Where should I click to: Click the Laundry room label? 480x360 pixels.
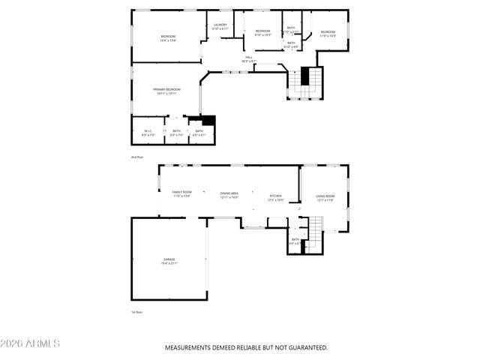tap(220, 26)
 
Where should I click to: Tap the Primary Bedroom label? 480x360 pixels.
tap(167, 91)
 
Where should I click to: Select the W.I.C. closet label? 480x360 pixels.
tap(148, 132)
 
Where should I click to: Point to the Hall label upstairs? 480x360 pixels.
tap(249, 59)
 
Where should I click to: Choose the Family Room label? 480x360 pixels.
tap(182, 193)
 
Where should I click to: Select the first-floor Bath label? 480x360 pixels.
tap(295, 241)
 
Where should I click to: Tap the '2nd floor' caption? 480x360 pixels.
tap(136, 157)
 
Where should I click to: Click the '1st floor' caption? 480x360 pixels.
tap(136, 312)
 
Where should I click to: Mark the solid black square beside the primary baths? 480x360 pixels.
tap(209, 120)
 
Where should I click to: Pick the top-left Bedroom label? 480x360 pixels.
tap(168, 38)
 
